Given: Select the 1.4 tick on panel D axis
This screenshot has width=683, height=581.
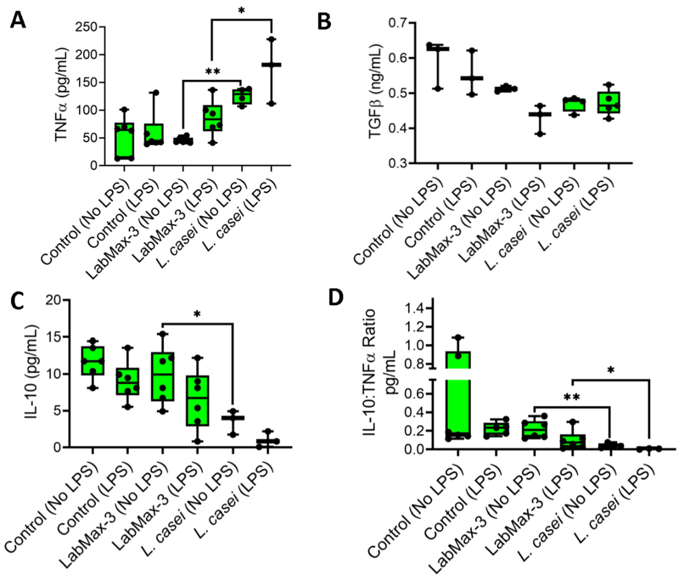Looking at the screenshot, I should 415,308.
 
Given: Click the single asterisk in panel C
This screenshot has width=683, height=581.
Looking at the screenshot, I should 197,315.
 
